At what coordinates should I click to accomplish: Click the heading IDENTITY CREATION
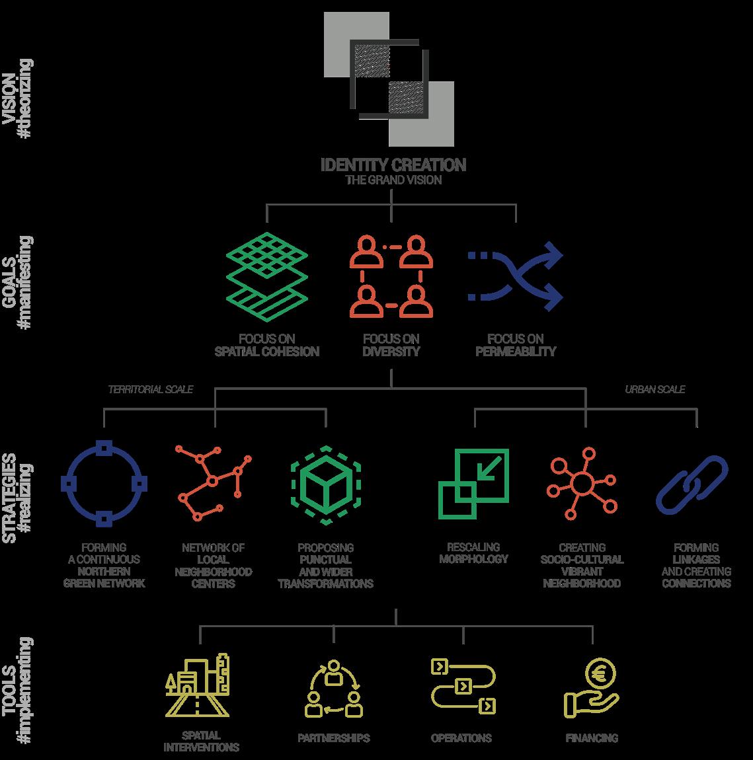click(393, 165)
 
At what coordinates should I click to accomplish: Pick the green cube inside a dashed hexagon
click(325, 485)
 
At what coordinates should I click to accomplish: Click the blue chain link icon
click(692, 484)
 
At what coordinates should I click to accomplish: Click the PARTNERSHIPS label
click(333, 738)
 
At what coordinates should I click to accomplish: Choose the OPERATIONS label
click(461, 738)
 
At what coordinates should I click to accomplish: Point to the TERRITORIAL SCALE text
click(151, 390)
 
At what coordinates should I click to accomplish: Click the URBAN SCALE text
click(655, 390)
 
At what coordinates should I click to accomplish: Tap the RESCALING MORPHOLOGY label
click(473, 553)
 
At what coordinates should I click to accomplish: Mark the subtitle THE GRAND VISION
click(393, 180)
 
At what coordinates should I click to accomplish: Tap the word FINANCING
click(592, 738)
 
